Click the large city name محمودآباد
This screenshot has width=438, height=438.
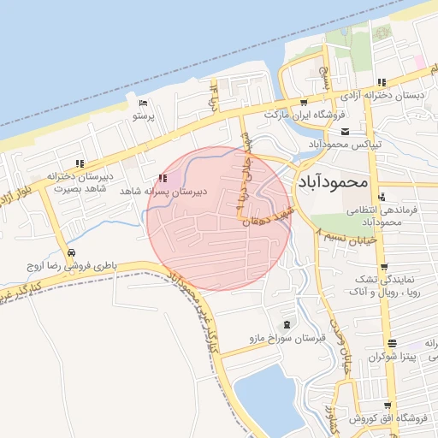pyautogui.click(x=333, y=182)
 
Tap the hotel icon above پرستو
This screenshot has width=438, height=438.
pyautogui.click(x=143, y=104)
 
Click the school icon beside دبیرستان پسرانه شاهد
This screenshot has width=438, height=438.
pyautogui.click(x=163, y=178)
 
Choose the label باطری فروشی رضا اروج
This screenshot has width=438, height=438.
pyautogui.click(x=67, y=267)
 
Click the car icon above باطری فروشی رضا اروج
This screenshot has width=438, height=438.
pyautogui.click(x=70, y=252)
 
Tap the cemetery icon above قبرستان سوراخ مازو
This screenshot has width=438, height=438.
pyautogui.click(x=286, y=324)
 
